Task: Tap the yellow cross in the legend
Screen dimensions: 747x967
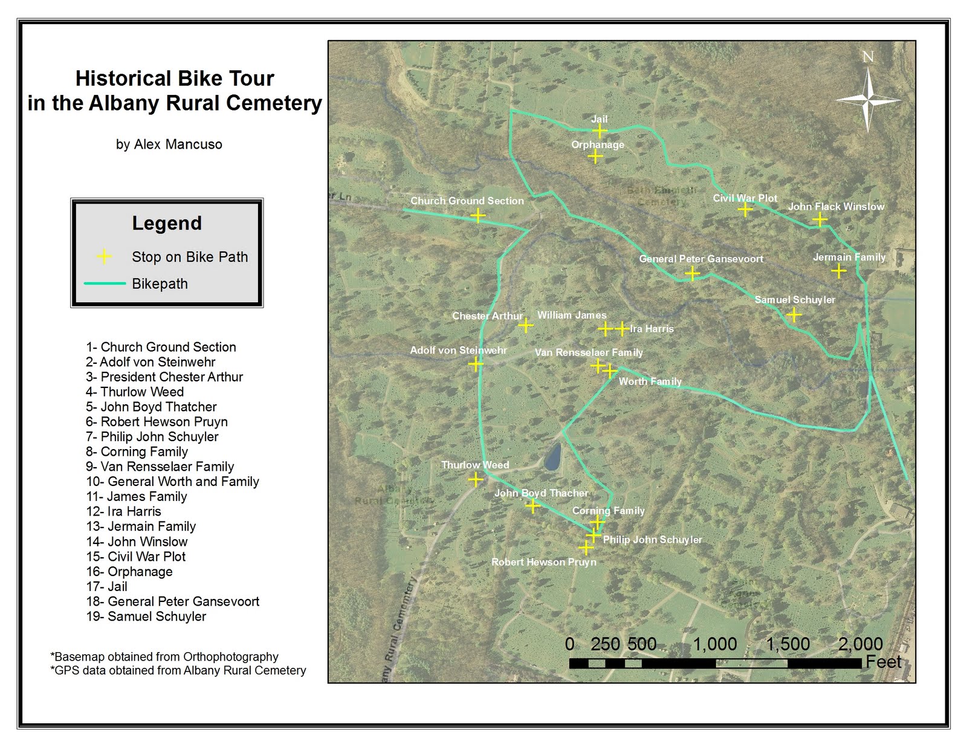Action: click(104, 257)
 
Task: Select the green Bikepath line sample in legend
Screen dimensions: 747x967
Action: click(105, 283)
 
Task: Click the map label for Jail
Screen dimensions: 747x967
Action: click(599, 119)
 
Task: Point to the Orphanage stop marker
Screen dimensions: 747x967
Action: click(595, 157)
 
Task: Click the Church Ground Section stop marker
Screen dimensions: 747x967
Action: click(477, 215)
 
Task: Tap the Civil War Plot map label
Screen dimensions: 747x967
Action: click(745, 198)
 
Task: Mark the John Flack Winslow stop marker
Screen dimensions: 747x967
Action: click(820, 219)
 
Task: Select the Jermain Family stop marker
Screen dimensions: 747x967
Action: click(838, 271)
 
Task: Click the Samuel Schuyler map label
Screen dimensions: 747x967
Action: click(794, 300)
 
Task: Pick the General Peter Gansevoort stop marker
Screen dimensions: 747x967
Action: click(693, 274)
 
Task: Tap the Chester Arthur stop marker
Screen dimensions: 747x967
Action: click(525, 326)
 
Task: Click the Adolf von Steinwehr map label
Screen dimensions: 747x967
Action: click(458, 350)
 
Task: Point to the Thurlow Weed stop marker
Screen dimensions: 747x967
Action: click(476, 480)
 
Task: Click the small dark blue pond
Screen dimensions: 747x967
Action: click(552, 457)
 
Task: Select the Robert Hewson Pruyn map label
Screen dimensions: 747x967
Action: click(543, 562)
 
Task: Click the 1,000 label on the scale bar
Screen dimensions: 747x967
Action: click(714, 644)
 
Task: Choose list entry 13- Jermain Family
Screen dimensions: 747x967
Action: click(141, 526)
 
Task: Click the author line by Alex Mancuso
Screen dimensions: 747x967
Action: click(169, 144)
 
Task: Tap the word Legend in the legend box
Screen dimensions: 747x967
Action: click(167, 223)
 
